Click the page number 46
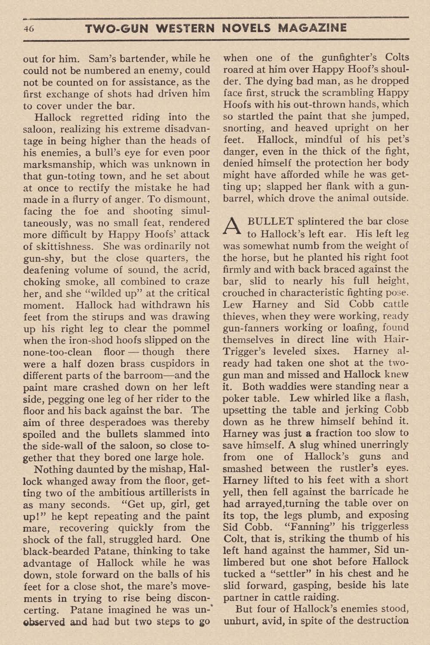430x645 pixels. (x=29, y=29)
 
